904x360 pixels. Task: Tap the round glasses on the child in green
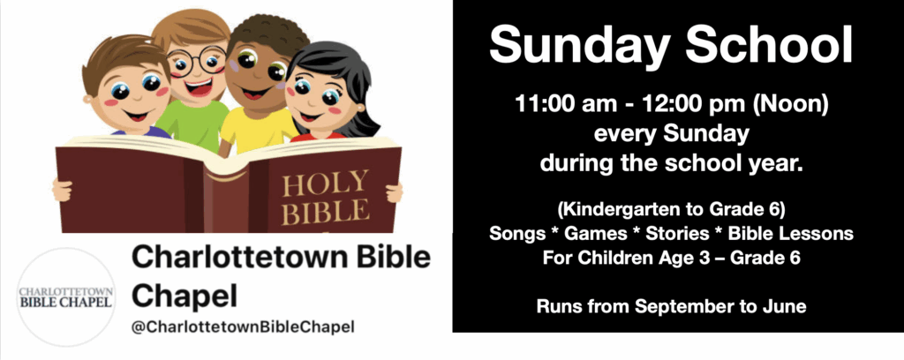pos(197,61)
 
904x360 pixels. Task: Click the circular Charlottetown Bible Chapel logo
pos(65,296)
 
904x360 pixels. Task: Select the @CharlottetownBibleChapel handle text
pos(243,327)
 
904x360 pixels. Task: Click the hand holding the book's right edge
pos(395,192)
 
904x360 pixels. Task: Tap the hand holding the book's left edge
pos(62,190)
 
